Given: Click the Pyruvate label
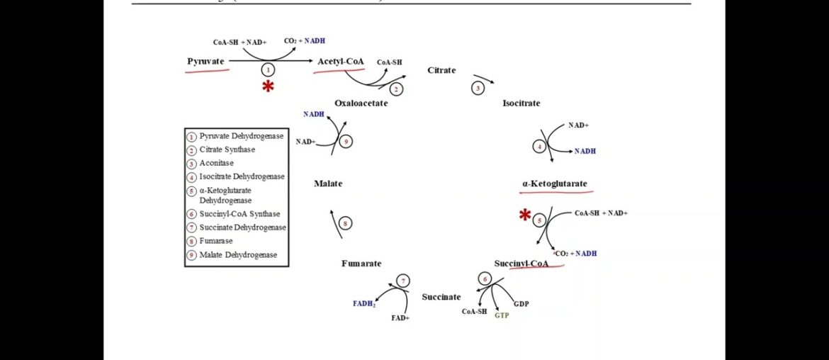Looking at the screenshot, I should click(205, 62).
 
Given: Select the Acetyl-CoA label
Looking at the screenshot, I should click(341, 62).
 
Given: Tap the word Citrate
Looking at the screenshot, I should click(441, 70).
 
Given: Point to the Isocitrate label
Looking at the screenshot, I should click(521, 103).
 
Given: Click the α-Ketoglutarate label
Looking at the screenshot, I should click(555, 184).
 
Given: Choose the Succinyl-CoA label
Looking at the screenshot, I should click(521, 263).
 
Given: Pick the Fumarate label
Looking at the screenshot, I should click(361, 263).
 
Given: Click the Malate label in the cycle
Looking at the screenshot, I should click(328, 184).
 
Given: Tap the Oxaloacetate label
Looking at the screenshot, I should click(361, 103).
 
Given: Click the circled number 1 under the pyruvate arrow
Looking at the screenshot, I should click(268, 69).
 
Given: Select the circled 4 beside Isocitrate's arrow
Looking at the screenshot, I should click(540, 147).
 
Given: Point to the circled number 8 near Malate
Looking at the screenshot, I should click(345, 223).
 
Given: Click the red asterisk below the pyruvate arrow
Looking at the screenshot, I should click(268, 86).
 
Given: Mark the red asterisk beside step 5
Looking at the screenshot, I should click(525, 215).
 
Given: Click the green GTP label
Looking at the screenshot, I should click(502, 315).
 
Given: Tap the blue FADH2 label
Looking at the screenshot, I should click(364, 303).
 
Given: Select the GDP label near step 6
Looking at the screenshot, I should click(521, 303).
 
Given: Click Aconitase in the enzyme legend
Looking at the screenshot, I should click(216, 163).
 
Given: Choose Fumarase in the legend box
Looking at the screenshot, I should click(216, 241).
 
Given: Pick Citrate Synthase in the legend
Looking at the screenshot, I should click(227, 150).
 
